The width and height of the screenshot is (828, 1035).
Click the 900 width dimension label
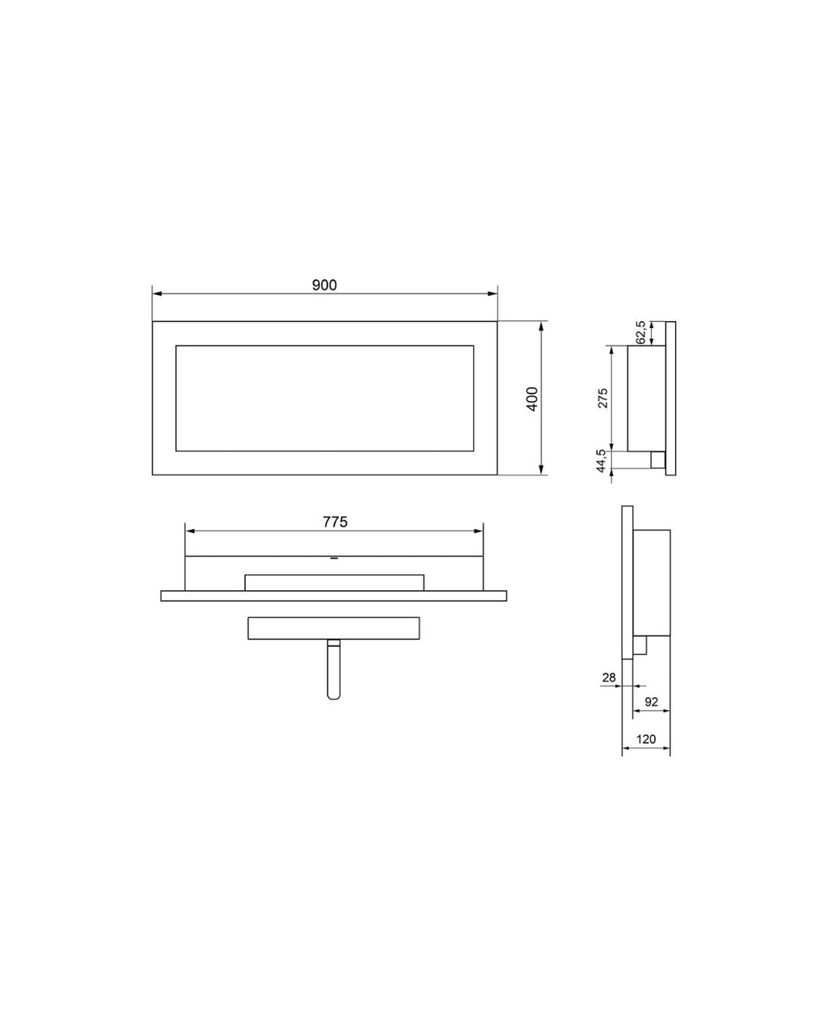[324, 285]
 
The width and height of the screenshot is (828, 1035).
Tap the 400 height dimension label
[532, 399]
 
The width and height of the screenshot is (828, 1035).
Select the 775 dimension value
[335, 522]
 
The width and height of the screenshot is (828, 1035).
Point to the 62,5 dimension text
[641, 332]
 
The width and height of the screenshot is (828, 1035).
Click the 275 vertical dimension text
[602, 398]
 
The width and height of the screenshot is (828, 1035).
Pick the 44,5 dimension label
[601, 461]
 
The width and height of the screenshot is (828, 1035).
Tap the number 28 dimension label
[609, 678]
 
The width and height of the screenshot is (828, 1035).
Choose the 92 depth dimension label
[651, 702]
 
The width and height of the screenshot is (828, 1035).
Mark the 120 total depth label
[645, 739]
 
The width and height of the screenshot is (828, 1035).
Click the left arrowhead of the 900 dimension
[157, 294]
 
